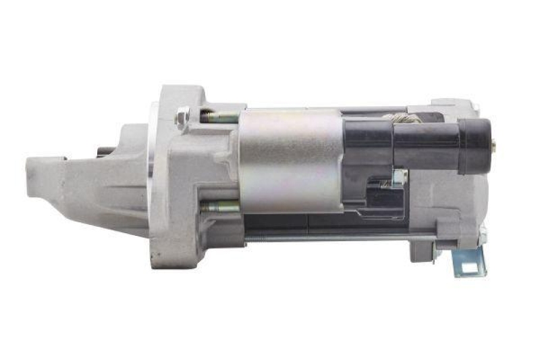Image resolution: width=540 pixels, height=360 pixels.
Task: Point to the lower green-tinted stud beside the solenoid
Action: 219,206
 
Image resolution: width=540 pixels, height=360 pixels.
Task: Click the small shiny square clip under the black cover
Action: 400,178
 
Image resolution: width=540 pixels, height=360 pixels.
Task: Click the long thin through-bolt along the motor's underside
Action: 337,236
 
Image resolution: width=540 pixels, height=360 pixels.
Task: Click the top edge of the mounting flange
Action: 179,89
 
